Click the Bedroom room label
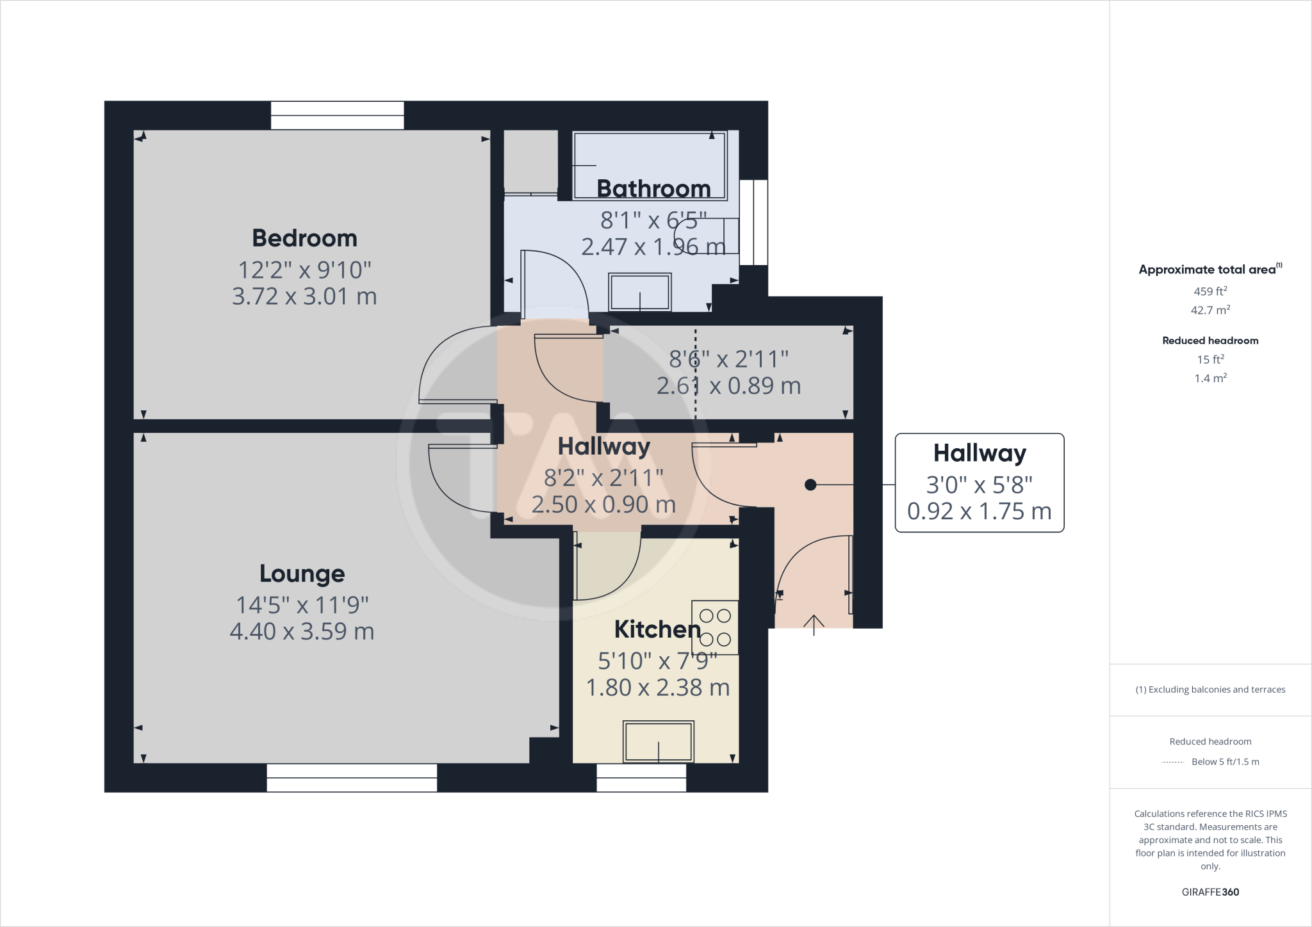coord(304,239)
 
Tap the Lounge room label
coord(302,574)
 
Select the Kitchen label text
coord(657,630)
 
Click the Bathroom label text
coord(653,189)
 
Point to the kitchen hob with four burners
coord(715,627)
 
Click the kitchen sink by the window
coord(659,741)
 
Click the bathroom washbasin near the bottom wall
coord(640,292)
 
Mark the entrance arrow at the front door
coord(814,624)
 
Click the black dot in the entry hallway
coord(810,485)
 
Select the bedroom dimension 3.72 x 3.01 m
coord(304,296)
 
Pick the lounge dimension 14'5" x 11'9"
coord(302,605)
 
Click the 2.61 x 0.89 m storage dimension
coord(728,386)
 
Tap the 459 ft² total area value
coord(1210,291)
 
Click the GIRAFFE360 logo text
coord(1210,892)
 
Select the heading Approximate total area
coord(1208,270)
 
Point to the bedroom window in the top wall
coord(337,115)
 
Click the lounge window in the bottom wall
coord(352,777)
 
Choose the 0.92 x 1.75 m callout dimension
coord(979,512)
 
